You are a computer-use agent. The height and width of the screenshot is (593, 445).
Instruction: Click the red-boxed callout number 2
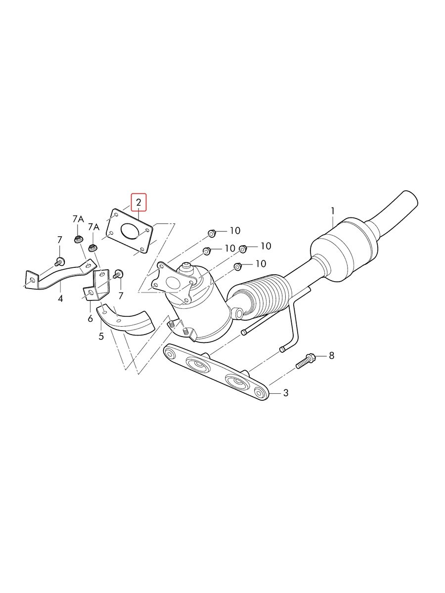[x=138, y=202]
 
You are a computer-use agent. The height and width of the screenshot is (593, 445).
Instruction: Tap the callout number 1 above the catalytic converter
[x=333, y=211]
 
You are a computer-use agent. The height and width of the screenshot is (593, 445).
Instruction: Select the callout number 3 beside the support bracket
[x=286, y=393]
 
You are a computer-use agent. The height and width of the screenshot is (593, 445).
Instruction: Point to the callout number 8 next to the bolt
[x=332, y=355]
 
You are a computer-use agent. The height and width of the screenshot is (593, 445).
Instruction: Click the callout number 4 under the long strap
[x=60, y=298]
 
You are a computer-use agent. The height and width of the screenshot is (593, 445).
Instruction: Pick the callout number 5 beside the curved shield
[x=101, y=337]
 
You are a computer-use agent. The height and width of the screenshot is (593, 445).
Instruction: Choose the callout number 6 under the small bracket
[x=90, y=319]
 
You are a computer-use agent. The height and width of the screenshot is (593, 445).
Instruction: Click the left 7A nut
[x=78, y=239]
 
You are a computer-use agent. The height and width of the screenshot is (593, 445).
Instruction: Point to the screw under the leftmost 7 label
[x=59, y=261]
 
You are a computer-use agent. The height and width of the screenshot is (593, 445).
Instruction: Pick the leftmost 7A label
[x=78, y=219]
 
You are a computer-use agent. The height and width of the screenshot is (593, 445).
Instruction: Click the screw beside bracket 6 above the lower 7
[x=118, y=274]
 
